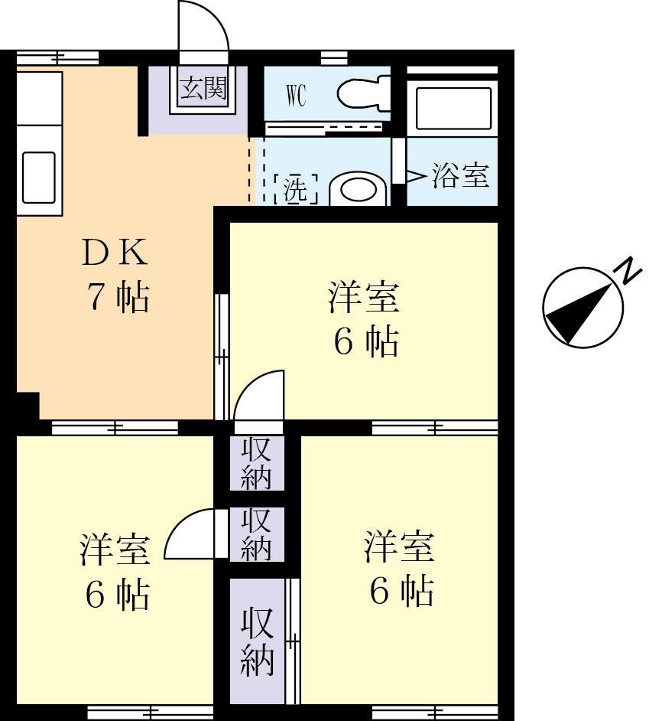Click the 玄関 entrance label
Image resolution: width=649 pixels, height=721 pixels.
[203, 88]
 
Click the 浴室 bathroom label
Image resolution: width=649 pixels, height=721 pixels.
[460, 176]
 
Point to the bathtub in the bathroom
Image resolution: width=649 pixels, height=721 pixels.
[453, 109]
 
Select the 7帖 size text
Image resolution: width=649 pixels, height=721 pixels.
[117, 298]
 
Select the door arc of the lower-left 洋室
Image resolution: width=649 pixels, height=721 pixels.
[188, 533]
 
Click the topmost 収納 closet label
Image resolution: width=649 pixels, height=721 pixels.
[258, 463]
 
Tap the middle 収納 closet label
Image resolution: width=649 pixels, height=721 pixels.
[258, 533]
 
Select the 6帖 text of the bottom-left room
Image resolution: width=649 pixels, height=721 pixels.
[116, 594]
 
